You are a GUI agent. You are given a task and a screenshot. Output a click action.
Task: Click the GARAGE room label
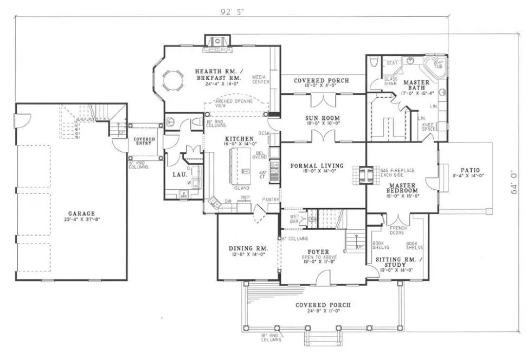[x=82, y=214]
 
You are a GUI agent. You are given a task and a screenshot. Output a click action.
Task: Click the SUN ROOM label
[x=323, y=118]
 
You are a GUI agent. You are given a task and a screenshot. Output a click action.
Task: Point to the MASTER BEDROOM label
[x=402, y=188]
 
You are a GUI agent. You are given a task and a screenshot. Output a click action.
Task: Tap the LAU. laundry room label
[x=180, y=175]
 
